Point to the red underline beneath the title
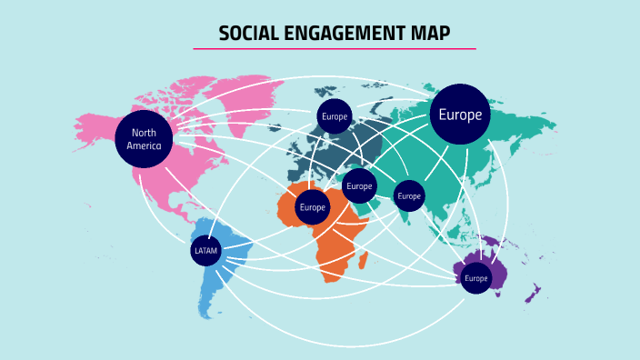click(x=335, y=49)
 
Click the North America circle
click(x=144, y=139)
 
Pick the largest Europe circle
click(x=460, y=115)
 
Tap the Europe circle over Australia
click(x=475, y=277)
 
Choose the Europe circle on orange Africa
click(x=312, y=206)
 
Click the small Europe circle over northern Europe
click(x=334, y=116)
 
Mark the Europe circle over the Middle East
click(x=359, y=185)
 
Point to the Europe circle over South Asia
click(x=409, y=195)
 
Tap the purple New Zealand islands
click(x=535, y=294)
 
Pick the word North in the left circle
click(x=144, y=133)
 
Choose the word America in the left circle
click(x=144, y=145)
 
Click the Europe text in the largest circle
click(x=460, y=115)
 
